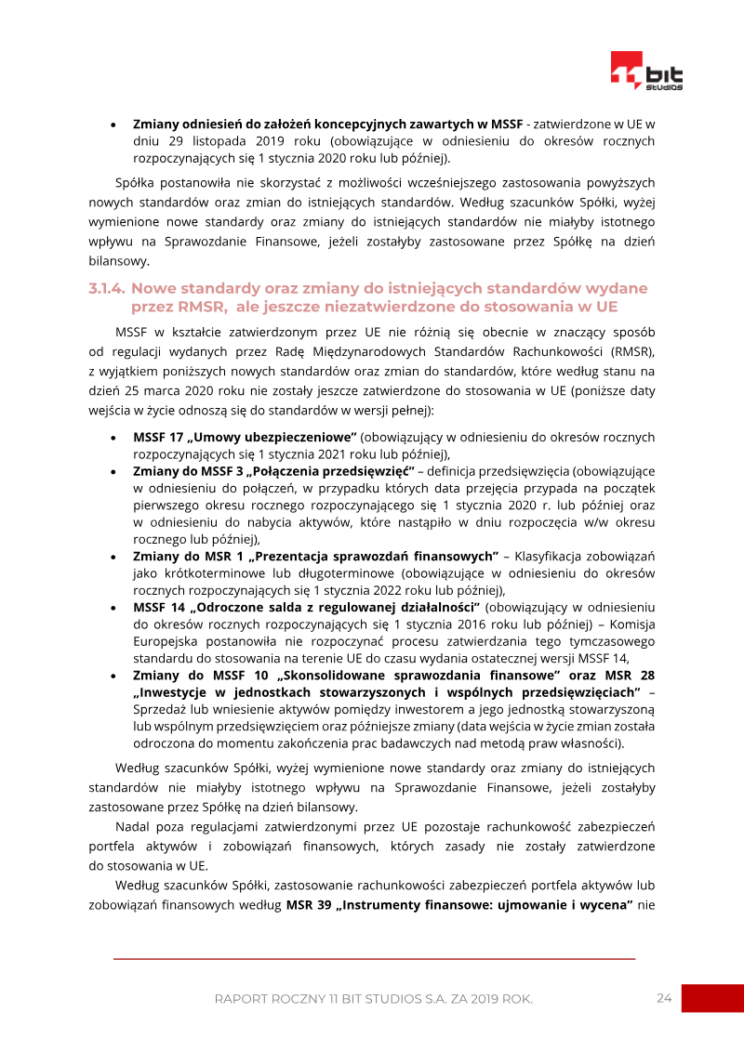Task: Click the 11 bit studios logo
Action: (x=646, y=72)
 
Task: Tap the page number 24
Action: (x=663, y=998)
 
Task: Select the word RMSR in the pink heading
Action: (x=191, y=306)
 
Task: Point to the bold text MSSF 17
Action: (x=156, y=437)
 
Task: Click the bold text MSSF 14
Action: (x=157, y=608)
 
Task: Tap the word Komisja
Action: (x=631, y=624)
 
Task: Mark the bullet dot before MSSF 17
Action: (x=113, y=437)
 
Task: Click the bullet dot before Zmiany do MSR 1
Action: (x=113, y=557)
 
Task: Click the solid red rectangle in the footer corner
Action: (x=712, y=998)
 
